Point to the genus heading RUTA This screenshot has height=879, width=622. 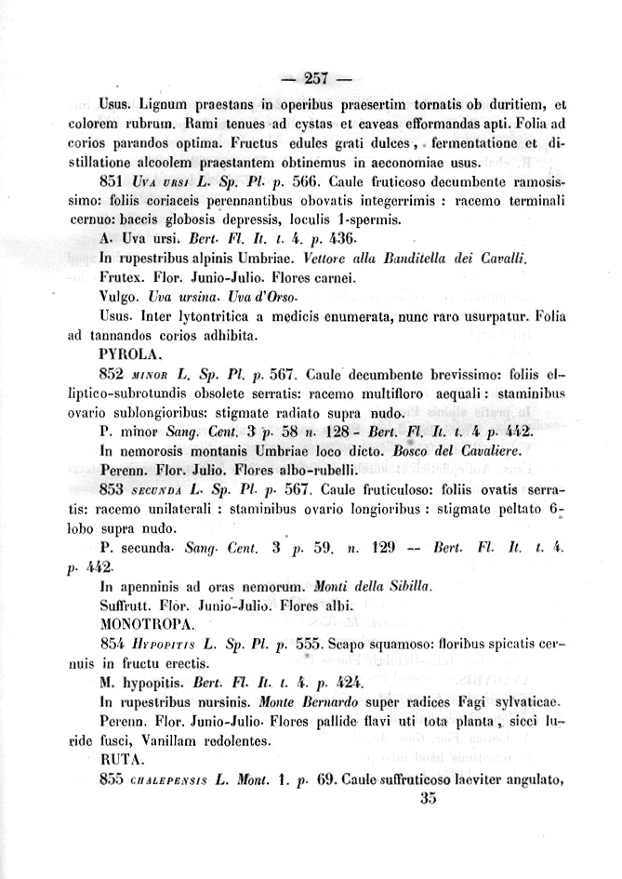coord(116,759)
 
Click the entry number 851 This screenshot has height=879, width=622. coord(112,180)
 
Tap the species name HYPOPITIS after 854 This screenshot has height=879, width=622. coord(164,643)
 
